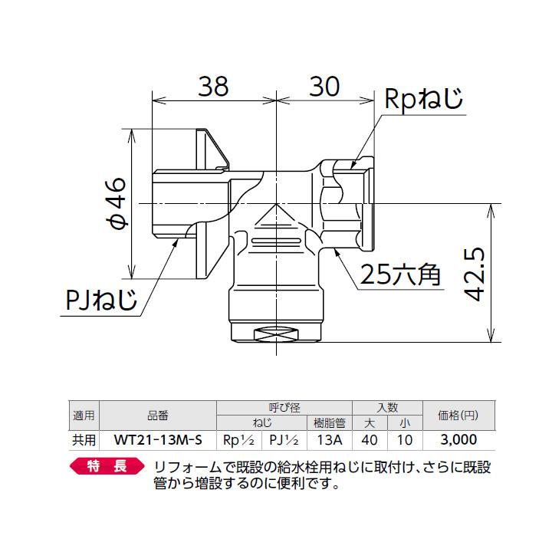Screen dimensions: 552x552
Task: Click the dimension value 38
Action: (x=212, y=87)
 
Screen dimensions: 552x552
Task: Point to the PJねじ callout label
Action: (x=100, y=301)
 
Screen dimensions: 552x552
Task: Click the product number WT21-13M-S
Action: (x=158, y=440)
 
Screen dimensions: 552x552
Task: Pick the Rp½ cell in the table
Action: (x=238, y=440)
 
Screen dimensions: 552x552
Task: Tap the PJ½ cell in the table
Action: (x=284, y=440)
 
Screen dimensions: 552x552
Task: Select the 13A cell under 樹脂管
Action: (x=329, y=440)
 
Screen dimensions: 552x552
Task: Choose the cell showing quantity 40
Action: (x=370, y=440)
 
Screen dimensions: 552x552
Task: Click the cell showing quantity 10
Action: (x=406, y=440)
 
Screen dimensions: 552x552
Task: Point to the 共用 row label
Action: (x=84, y=440)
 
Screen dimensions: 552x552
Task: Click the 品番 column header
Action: (x=158, y=416)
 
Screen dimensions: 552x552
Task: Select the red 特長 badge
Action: (x=107, y=466)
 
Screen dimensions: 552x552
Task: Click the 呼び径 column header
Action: (x=284, y=408)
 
